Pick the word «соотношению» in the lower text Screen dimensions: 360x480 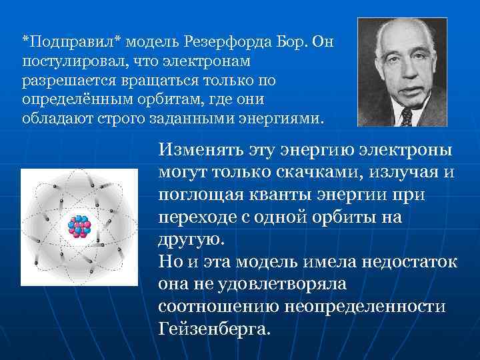(x=220, y=307)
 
